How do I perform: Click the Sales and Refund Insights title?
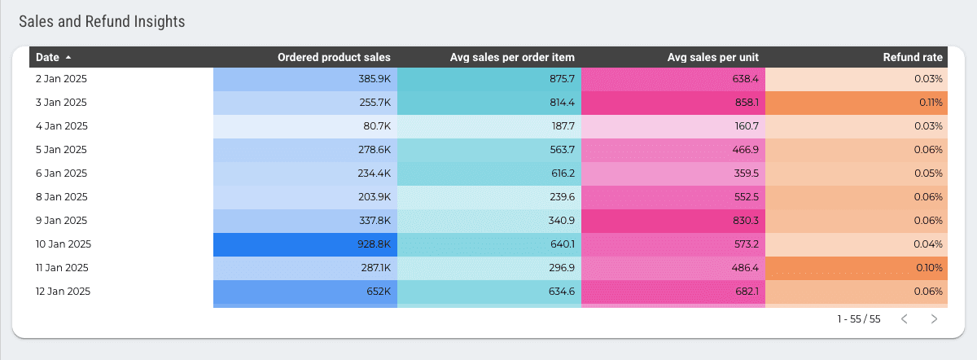102,22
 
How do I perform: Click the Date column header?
47,57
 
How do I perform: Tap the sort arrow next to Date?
68,57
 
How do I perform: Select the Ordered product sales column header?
334,57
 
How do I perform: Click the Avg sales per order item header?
512,57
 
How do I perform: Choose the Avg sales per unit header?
712,57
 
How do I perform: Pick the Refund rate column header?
913,57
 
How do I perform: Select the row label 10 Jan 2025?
64,244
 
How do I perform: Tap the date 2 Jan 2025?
61,79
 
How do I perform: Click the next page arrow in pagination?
934,319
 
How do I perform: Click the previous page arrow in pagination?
904,319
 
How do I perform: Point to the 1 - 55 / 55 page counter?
859,319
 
